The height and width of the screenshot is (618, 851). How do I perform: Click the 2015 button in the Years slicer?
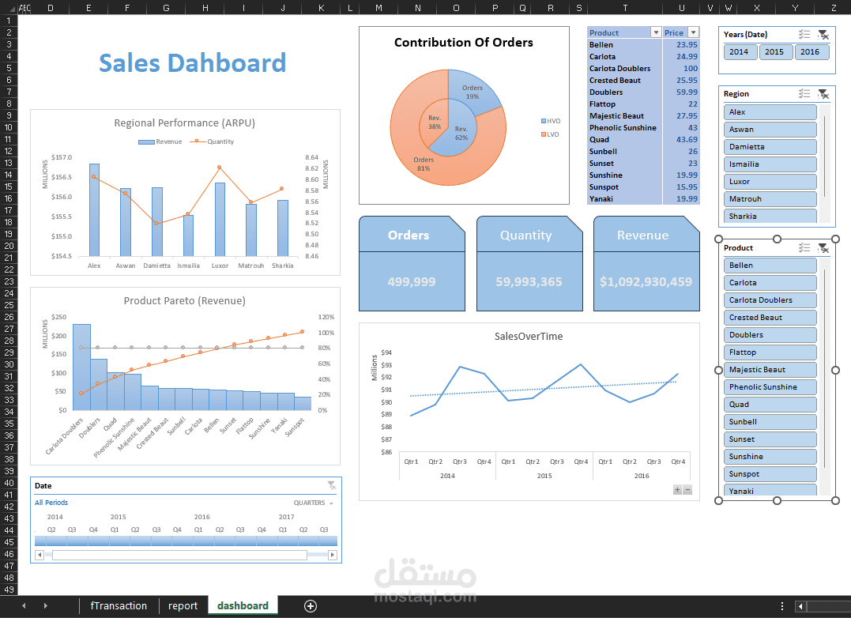pos(774,52)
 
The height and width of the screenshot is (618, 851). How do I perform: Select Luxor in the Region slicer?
pos(770,182)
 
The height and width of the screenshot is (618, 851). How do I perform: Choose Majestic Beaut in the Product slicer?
pos(770,370)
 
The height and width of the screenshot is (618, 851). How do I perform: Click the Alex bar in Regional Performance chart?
pos(94,209)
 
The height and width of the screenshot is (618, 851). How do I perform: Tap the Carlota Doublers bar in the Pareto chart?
pos(81,367)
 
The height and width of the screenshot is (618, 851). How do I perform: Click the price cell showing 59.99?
pos(680,92)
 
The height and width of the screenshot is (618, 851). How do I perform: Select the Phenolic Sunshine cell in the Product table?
pos(623,128)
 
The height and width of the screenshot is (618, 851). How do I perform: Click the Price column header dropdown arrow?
pos(693,32)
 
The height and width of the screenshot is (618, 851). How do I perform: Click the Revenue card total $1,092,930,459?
pos(646,281)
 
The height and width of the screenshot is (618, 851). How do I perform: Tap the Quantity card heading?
pos(525,236)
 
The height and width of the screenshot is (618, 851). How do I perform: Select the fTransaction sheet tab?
pos(119,606)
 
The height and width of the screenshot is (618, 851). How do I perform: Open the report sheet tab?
pos(183,606)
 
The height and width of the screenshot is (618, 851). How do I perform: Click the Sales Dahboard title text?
pos(192,63)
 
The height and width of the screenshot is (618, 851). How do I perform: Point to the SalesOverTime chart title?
pos(529,337)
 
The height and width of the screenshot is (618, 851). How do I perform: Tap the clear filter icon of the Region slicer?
pos(823,94)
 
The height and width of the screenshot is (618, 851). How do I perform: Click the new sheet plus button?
pos(311,606)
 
